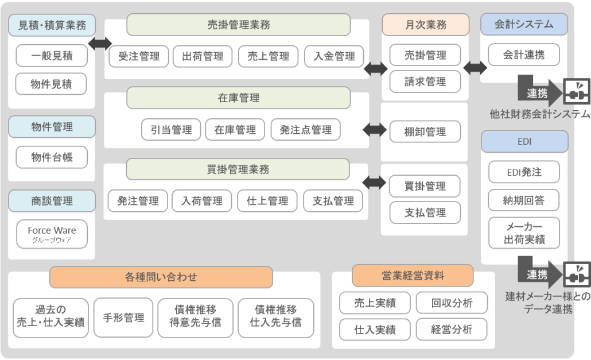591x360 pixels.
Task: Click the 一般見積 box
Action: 52,56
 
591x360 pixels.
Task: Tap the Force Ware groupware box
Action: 52,234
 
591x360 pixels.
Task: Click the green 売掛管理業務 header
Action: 238,25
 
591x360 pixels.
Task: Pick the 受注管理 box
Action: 138,56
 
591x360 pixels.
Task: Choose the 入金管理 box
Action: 334,56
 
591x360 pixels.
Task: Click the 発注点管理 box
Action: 305,130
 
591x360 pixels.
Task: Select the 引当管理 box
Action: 170,130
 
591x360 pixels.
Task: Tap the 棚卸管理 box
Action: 425,132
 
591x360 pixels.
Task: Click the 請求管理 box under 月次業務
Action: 425,82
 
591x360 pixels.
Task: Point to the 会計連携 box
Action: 524,56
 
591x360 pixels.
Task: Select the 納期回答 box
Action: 524,200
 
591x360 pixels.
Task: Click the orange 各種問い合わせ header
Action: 161,277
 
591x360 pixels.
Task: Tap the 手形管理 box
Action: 123,317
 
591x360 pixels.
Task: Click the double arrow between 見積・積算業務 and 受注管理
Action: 100,43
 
